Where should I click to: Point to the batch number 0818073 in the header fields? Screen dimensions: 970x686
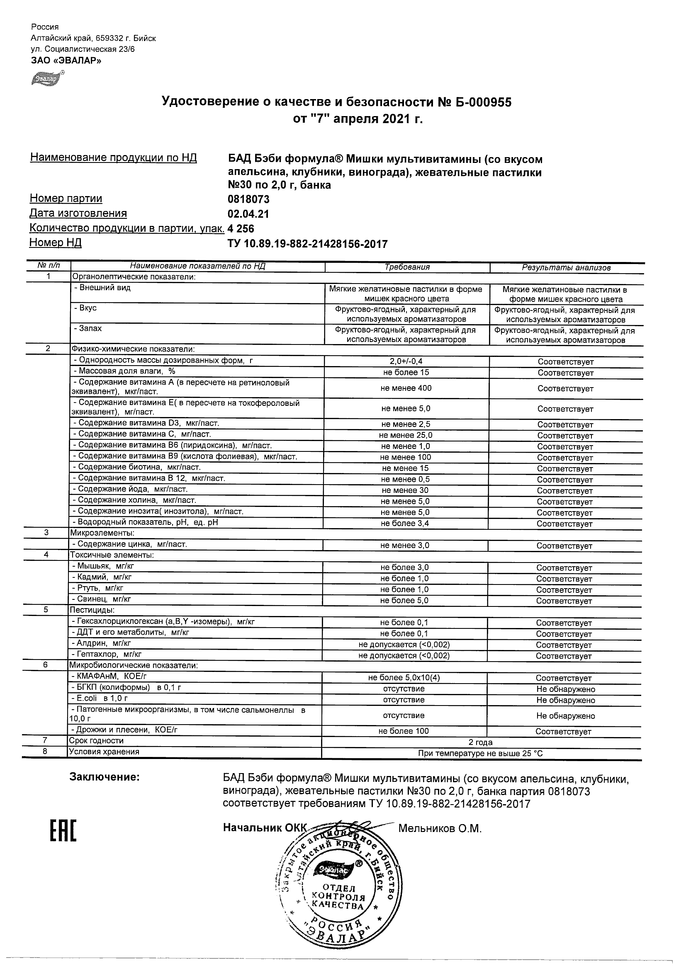point(248,199)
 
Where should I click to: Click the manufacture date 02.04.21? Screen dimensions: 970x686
point(248,214)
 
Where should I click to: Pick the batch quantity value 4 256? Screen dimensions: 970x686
point(241,228)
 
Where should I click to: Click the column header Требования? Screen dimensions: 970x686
point(407,267)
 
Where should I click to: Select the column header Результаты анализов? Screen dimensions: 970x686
point(566,267)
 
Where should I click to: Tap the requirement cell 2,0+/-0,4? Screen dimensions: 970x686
point(406,361)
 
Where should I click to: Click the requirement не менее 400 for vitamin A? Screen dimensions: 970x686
point(406,388)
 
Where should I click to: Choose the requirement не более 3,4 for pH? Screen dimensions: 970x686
point(405,523)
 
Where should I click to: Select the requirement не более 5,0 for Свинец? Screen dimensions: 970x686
point(404,600)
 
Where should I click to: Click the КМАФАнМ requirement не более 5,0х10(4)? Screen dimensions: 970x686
point(404,678)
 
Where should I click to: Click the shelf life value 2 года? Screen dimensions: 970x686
point(481,742)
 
